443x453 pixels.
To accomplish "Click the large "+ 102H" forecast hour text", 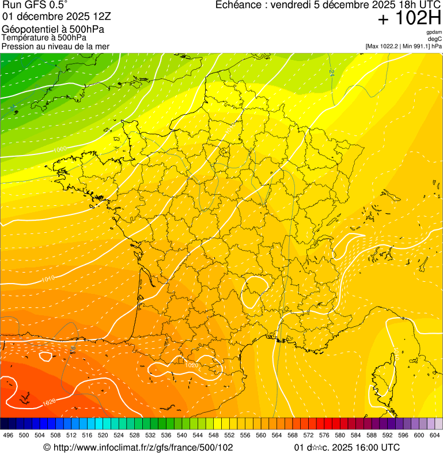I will pyautogui.click(x=409, y=19).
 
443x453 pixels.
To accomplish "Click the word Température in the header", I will pyautogui.click(x=24, y=37).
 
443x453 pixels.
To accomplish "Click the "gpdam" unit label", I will pyautogui.click(x=434, y=32).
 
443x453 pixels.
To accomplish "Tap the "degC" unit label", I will pyautogui.click(x=435, y=39).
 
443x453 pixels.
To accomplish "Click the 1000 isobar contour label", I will pyautogui.click(x=59, y=150).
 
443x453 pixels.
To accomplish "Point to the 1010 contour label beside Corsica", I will pyautogui.click(x=396, y=352).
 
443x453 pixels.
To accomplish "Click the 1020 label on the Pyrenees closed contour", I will pyautogui.click(x=192, y=365).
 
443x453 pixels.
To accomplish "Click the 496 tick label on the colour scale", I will pyautogui.click(x=8, y=435).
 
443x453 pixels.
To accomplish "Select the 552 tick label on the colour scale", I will pyautogui.click(x=229, y=435).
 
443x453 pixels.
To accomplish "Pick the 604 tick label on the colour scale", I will pyautogui.click(x=435, y=435).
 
